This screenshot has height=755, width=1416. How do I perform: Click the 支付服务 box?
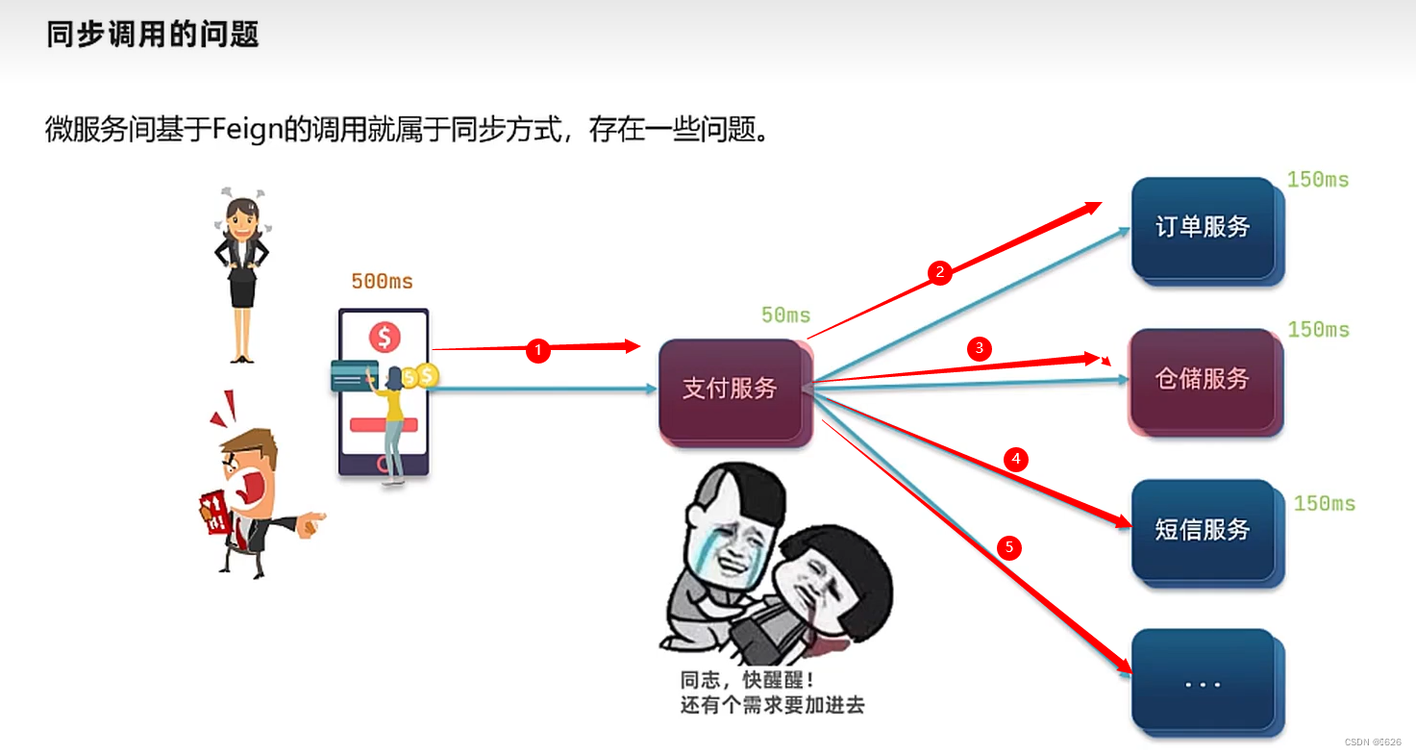pos(731,390)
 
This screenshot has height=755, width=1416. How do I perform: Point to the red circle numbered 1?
pos(538,352)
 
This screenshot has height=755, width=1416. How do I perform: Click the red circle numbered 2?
pos(939,273)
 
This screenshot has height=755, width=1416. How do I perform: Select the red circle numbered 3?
pos(979,348)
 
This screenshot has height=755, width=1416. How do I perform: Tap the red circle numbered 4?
pos(1015,460)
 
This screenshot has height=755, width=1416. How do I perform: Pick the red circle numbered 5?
pos(1008,548)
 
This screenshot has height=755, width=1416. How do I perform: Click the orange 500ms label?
pos(382,282)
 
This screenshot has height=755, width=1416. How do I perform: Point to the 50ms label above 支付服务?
pos(785,315)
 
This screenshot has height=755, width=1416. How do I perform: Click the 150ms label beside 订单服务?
pos(1318,180)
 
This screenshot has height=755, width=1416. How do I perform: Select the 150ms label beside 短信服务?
pos(1325,504)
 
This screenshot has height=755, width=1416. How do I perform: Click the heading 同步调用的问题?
pos(153,36)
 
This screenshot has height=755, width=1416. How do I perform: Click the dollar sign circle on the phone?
pos(385,337)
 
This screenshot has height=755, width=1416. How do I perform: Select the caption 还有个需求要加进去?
pos(772,705)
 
